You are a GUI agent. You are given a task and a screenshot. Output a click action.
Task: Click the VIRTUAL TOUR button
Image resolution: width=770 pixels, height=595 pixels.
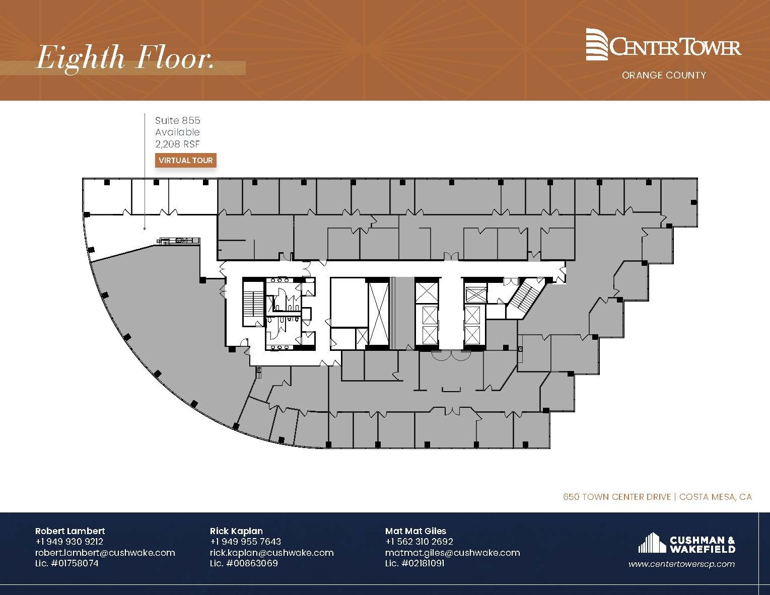click(186, 161)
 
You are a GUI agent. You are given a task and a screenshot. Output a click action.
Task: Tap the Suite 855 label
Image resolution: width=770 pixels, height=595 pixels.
click(177, 120)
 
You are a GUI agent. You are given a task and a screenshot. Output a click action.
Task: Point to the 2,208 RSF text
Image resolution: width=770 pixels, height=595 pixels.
click(177, 143)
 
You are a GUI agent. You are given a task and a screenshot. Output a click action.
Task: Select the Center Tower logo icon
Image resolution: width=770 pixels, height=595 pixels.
click(597, 44)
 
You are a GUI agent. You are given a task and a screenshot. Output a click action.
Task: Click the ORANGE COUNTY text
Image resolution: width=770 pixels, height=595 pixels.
click(663, 75)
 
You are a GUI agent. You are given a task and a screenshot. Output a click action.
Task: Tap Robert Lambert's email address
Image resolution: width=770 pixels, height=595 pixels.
click(105, 552)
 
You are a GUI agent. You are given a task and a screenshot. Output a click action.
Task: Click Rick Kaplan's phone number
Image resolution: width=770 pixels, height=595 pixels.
click(245, 541)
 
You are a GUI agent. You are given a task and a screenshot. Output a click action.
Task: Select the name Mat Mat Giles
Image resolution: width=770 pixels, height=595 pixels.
click(415, 531)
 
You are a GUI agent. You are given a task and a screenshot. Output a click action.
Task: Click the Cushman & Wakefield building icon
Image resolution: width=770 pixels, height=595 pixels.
click(652, 543)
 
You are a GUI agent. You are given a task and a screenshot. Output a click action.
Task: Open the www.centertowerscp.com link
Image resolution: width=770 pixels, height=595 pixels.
click(681, 564)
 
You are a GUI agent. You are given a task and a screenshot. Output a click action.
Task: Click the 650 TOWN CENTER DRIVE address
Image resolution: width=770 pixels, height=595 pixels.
click(616, 497)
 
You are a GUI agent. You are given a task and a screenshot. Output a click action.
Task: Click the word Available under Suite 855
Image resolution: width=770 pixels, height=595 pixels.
click(177, 132)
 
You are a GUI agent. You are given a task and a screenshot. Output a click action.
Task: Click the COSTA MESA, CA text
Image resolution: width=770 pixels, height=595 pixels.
click(715, 497)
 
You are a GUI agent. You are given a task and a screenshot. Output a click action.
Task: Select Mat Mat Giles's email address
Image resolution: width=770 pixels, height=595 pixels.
click(452, 552)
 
